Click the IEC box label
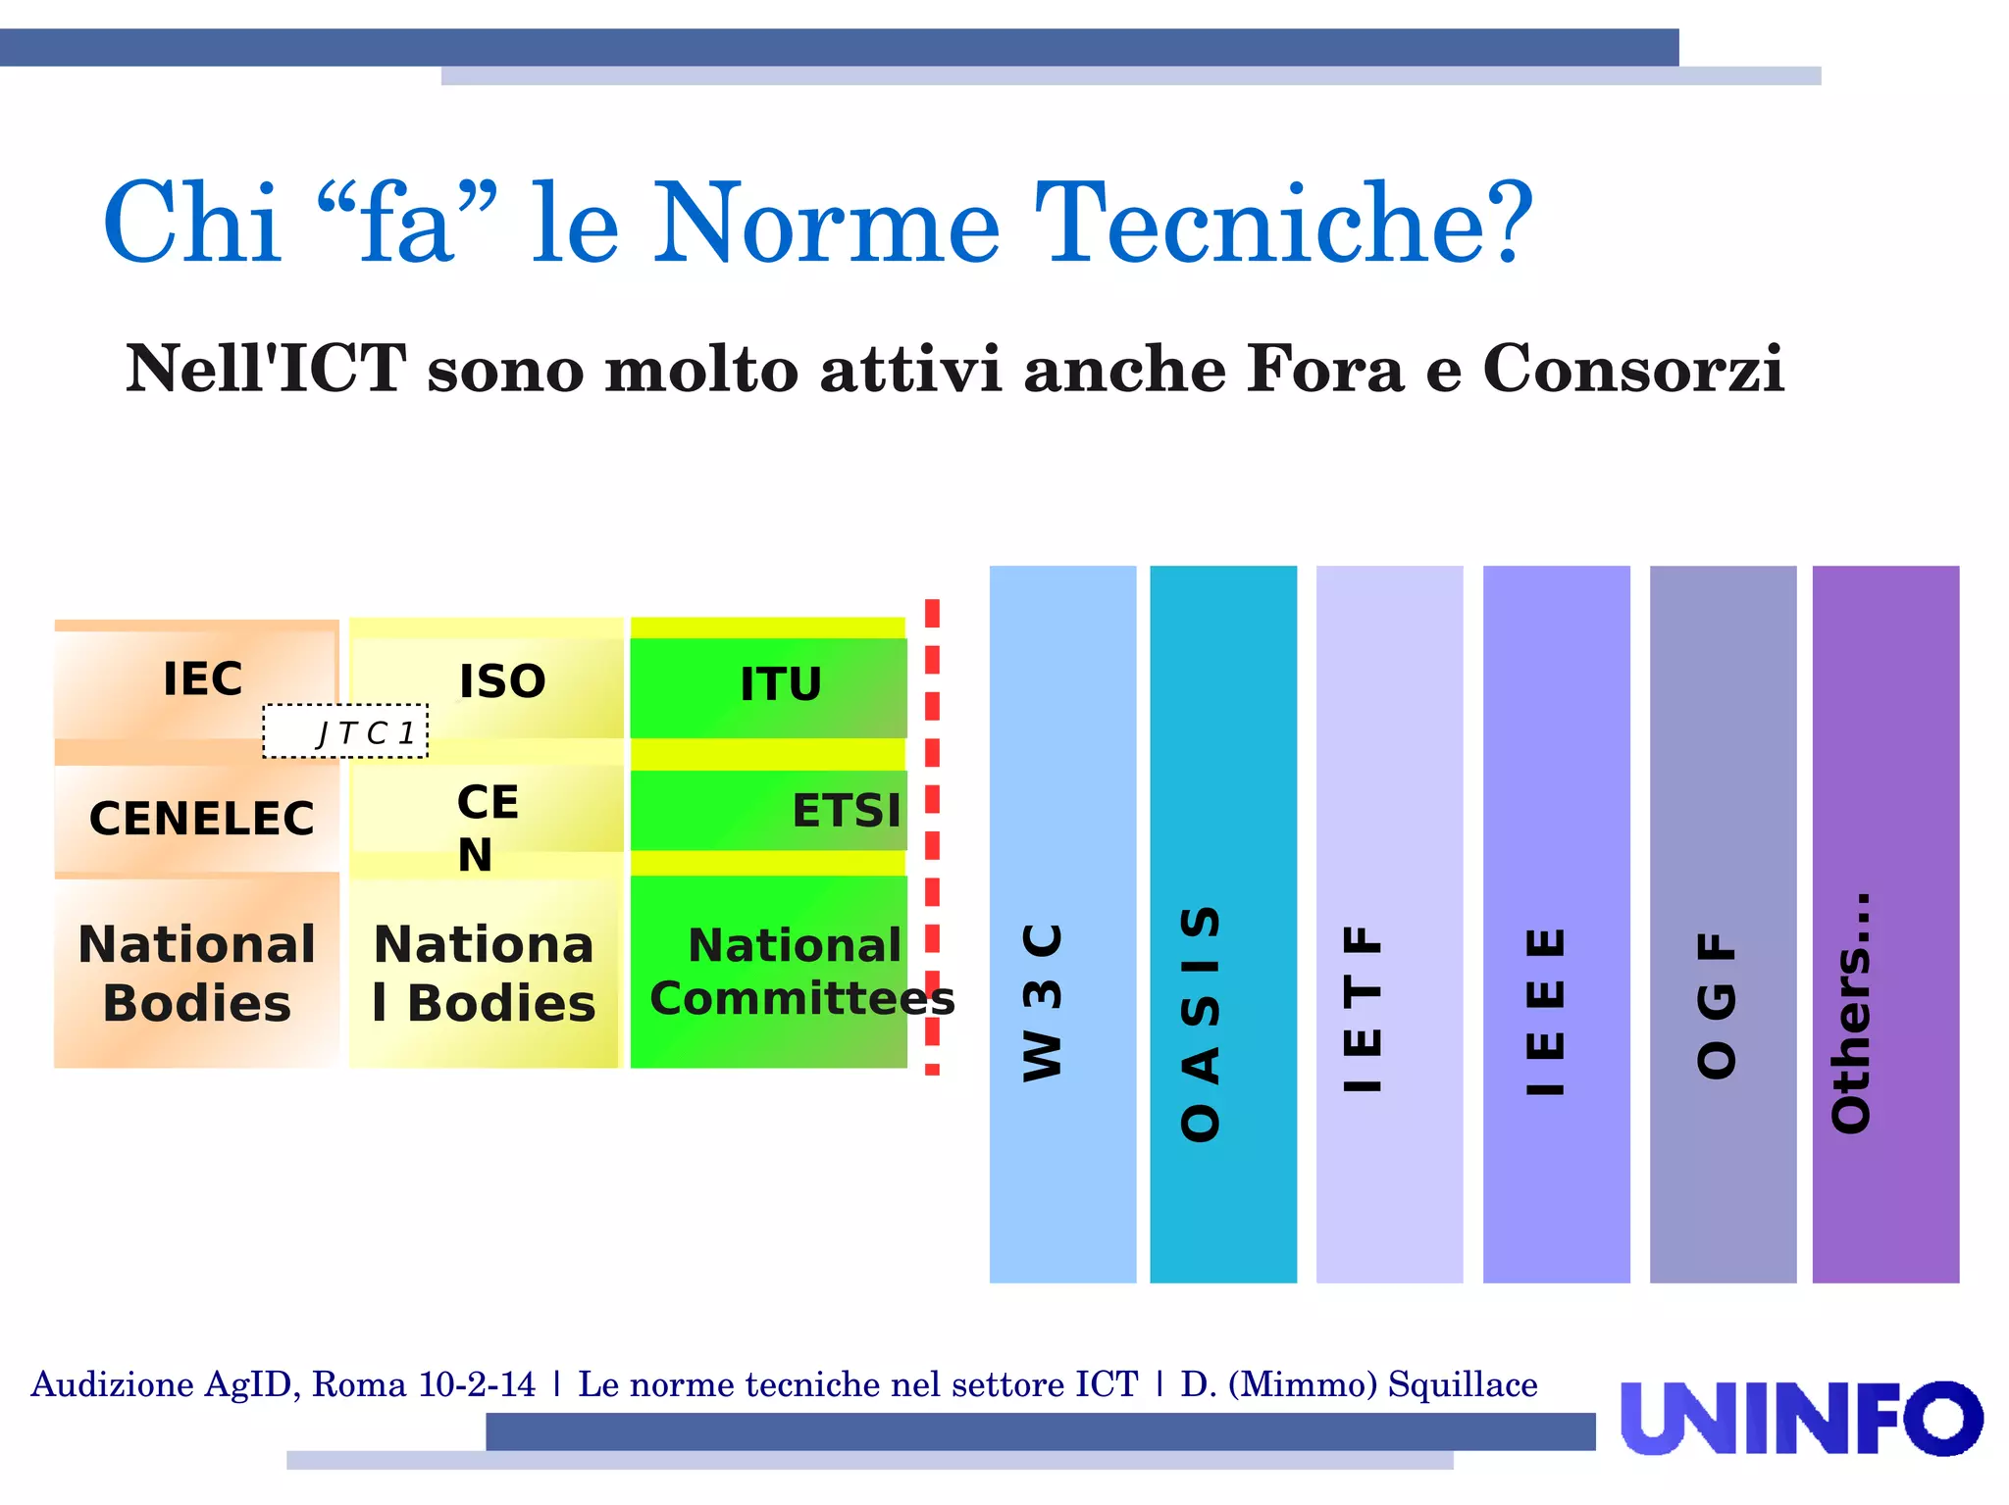[x=202, y=679]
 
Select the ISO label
[x=502, y=681]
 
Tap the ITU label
[x=781, y=684]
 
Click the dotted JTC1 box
[x=345, y=731]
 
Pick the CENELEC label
[x=201, y=819]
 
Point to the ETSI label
[x=846, y=811]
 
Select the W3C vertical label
[x=1043, y=1001]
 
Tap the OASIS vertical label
[x=1201, y=1024]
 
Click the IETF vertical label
[x=1364, y=1008]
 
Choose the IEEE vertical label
[x=1546, y=1012]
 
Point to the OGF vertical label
[x=1717, y=1005]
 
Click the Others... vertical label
[x=1852, y=1013]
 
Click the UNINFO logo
[x=1801, y=1419]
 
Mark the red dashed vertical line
[x=932, y=836]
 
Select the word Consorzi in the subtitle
[x=1632, y=370]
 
